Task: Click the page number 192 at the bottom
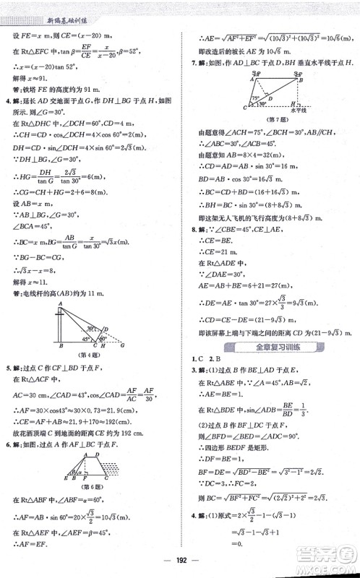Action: click(180, 564)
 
